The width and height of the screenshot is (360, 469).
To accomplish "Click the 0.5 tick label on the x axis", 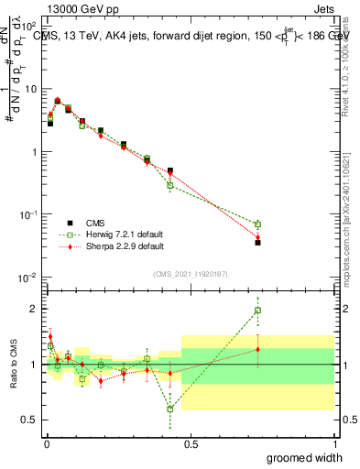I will [191, 444].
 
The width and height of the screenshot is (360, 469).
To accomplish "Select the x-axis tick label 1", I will [334, 444].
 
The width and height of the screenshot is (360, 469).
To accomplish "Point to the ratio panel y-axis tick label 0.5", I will [30, 420].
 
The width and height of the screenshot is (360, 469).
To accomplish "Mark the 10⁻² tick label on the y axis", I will [27, 277].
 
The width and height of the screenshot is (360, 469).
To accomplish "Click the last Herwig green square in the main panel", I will [258, 224].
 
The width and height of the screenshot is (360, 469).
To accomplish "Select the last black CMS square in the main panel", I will [258, 243].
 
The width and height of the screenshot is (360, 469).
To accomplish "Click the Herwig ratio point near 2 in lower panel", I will [258, 311].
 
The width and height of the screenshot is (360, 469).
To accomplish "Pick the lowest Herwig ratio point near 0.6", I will [170, 409].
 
